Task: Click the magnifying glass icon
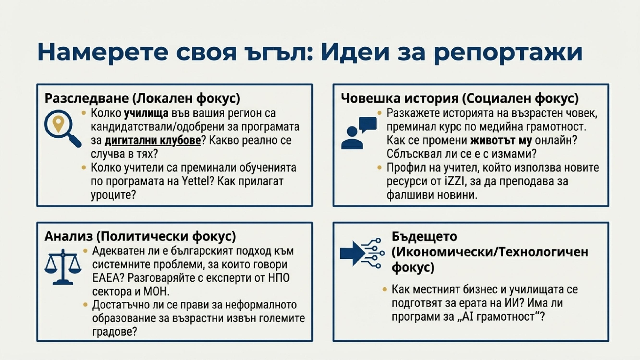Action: (x=62, y=128)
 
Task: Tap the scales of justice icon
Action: (x=63, y=267)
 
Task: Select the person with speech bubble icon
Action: (x=359, y=133)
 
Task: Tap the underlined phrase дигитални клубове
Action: (x=153, y=140)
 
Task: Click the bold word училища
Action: (x=146, y=113)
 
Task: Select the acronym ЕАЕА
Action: (x=108, y=278)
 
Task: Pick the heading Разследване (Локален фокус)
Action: (x=142, y=98)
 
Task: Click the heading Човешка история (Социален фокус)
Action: (x=460, y=98)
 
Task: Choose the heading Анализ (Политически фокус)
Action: (x=140, y=236)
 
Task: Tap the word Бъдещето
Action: (x=424, y=236)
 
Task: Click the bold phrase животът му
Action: (x=501, y=140)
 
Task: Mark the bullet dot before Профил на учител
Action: (x=380, y=167)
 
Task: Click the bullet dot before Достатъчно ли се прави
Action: (x=85, y=305)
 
